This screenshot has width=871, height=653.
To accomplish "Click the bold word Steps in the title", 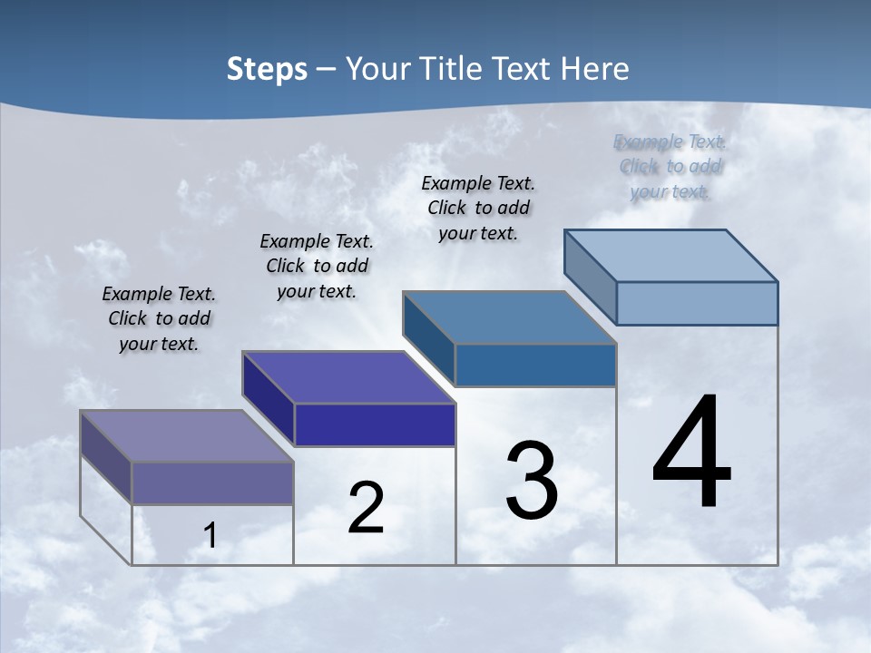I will point(266,69).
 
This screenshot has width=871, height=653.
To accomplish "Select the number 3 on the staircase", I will point(532,481).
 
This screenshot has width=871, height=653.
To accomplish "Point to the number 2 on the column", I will point(366,509).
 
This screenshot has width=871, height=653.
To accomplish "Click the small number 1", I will point(210,536).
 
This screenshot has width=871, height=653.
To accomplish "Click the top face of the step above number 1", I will point(187,435).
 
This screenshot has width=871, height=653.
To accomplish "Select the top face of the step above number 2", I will point(348,376).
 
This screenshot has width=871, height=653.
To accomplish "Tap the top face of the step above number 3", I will point(510,317).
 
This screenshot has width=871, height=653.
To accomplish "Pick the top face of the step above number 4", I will point(671,255).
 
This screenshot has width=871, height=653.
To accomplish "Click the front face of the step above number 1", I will point(212,482).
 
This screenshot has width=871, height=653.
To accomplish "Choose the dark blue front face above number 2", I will point(375,424).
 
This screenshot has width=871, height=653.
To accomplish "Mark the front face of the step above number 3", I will point(535,365).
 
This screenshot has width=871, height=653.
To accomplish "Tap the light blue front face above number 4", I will point(697,303).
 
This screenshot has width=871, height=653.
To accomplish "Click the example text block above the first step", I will point(159,319).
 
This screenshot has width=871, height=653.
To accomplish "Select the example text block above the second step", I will point(317,266).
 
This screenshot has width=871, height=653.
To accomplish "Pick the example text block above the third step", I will point(478,208).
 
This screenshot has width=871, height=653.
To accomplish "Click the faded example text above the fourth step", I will point(670,166).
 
